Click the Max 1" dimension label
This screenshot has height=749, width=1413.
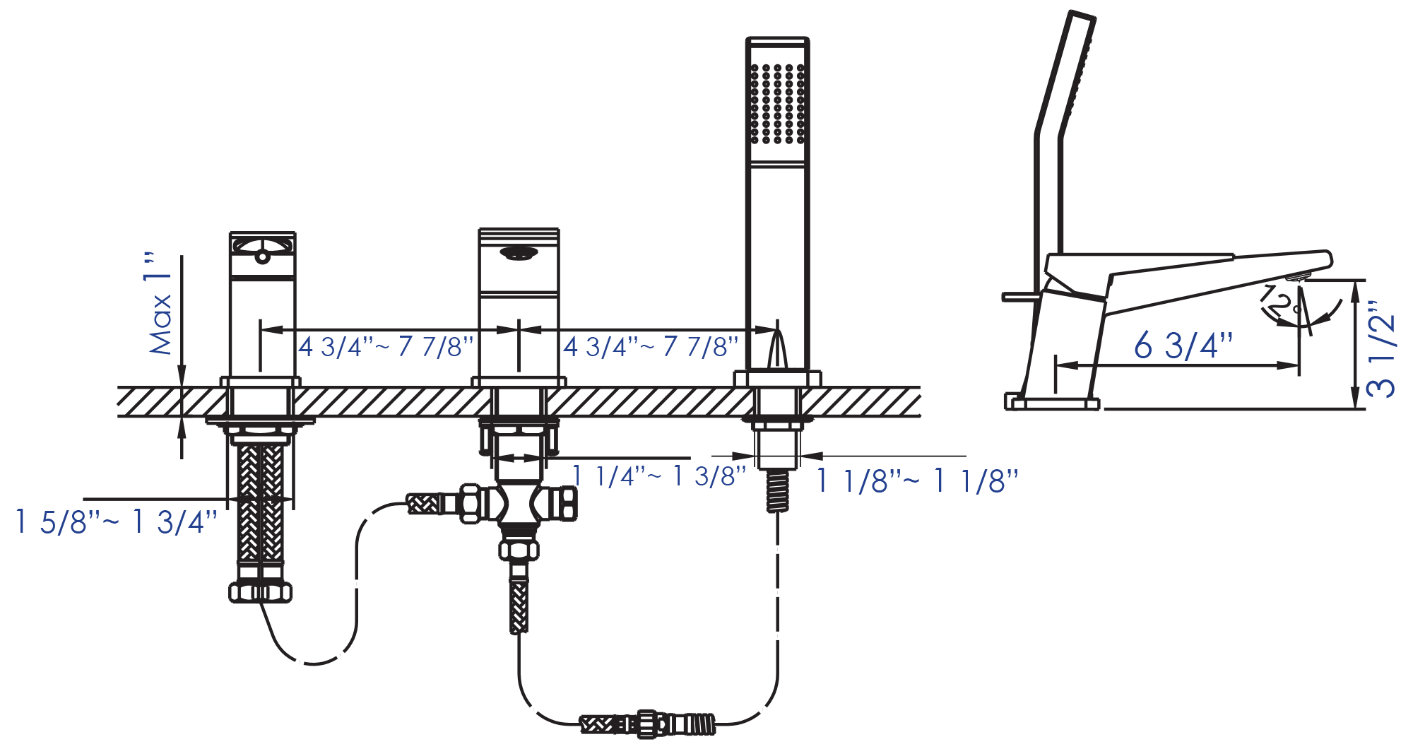tap(160, 303)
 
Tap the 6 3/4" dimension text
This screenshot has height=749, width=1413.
tap(1183, 346)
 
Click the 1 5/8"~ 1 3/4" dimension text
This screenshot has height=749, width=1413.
tap(116, 522)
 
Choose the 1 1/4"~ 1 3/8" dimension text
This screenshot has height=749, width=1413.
tap(658, 476)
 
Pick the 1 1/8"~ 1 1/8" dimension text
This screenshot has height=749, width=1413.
tap(917, 481)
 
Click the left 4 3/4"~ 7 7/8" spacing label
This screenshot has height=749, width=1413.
tap(386, 347)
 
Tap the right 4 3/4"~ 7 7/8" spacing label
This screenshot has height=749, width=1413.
tap(651, 347)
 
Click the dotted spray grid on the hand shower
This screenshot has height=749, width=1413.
tap(777, 104)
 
